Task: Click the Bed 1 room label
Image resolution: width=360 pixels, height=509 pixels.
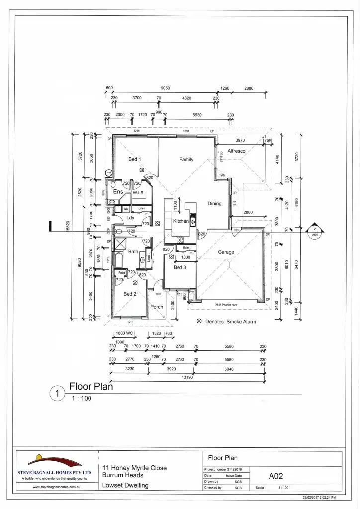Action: pos(135,159)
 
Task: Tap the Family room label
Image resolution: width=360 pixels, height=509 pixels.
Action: pos(186,160)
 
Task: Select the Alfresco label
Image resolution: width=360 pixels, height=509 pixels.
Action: pos(237,151)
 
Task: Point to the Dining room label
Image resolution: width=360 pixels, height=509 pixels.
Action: pos(214,204)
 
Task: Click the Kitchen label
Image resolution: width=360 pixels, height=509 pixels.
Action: pos(180,221)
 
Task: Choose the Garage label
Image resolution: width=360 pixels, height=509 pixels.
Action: pos(226,252)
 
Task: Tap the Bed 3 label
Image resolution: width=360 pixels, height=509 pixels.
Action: pos(180,267)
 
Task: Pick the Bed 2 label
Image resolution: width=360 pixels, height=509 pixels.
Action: pos(130,294)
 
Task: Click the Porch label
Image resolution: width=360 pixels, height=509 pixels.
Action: pos(157,307)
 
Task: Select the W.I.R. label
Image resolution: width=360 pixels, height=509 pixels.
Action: pos(138,192)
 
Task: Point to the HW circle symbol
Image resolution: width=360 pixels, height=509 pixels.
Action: pos(109,173)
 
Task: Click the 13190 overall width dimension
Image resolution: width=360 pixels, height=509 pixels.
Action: pos(187,377)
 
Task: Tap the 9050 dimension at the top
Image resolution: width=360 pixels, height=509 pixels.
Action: pos(166,88)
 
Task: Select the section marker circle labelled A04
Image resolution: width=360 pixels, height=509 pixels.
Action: pos(314,232)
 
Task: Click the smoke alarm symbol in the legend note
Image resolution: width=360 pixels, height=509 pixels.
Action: pos(199,322)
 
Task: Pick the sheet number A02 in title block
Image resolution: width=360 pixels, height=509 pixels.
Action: pos(276,476)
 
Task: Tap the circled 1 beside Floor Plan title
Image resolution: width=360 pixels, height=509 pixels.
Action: pos(58,394)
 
